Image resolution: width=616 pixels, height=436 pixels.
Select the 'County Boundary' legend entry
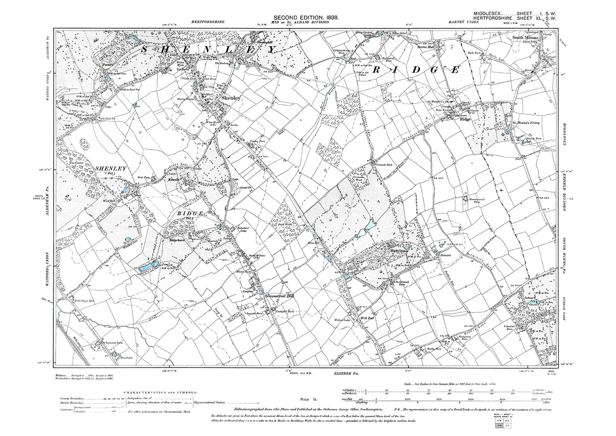(x=68, y=398)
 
